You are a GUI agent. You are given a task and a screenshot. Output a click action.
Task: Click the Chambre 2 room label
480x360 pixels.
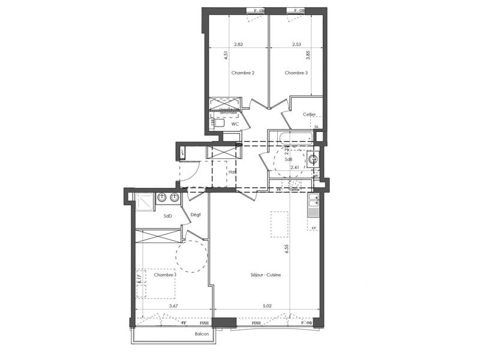point(243,73)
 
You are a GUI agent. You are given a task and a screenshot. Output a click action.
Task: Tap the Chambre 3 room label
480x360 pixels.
point(296,73)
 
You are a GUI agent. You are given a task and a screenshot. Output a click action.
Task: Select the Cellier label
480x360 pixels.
point(310,114)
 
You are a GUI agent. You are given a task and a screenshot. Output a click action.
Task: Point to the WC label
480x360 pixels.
point(235,124)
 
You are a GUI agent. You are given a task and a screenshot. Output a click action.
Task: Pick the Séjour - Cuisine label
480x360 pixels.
point(266,275)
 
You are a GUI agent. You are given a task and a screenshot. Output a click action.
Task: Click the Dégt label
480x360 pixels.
point(196,214)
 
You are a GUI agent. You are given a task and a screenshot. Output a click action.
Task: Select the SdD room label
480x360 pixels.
point(168,216)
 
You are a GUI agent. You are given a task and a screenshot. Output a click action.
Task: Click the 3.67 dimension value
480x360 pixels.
point(173,306)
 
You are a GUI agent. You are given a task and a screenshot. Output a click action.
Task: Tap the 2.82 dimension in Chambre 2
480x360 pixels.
point(238,44)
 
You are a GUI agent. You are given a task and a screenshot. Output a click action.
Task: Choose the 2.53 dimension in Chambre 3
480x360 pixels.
point(296,44)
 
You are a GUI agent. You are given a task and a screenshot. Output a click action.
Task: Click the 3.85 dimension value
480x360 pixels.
point(308,58)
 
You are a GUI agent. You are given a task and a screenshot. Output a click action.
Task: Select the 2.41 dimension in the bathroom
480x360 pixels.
point(295,167)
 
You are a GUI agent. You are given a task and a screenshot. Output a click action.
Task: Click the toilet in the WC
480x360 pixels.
point(217,123)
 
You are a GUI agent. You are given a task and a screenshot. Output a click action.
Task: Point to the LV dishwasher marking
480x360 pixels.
point(313,229)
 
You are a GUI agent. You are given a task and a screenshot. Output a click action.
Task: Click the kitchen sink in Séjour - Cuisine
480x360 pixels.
point(313,209)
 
